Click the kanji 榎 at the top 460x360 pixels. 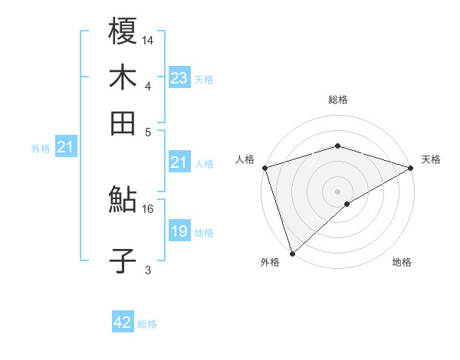[x=123, y=32]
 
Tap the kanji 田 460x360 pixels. [x=123, y=123]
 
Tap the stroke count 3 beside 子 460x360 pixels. [x=148, y=269]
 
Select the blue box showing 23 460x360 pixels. [x=179, y=77]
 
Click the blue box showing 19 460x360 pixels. [x=179, y=232]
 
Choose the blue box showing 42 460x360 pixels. [x=123, y=322]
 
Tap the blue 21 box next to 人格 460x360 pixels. [x=179, y=162]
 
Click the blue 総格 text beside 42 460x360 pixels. [x=147, y=324]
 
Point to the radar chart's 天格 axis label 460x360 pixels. [x=431, y=159]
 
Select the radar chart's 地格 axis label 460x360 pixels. [x=402, y=263]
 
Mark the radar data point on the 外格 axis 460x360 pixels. [x=292, y=253]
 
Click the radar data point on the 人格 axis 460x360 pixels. [x=264, y=168]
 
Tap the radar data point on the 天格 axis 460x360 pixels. [x=411, y=168]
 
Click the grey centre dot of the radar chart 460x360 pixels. [x=337, y=191]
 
